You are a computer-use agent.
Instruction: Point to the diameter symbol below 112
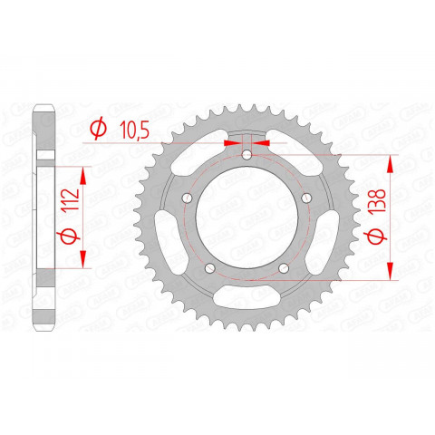click(x=75, y=237)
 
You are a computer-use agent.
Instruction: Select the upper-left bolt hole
click(x=187, y=199)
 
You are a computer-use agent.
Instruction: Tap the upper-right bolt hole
click(x=307, y=199)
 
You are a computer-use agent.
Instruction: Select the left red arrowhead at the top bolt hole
click(x=232, y=142)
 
